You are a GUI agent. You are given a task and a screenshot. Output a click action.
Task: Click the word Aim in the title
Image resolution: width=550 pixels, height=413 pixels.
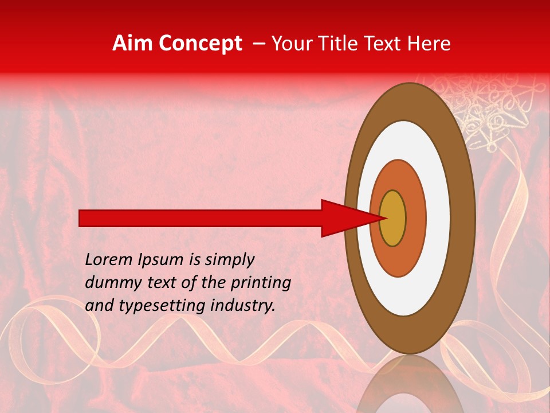click(x=133, y=44)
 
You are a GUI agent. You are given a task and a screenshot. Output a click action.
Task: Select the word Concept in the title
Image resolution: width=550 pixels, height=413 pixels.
click(x=199, y=44)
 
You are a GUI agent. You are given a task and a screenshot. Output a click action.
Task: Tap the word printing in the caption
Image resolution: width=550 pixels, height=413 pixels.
click(x=261, y=283)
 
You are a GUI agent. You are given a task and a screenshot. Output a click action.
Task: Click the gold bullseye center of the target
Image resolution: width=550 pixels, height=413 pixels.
click(x=393, y=218)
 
